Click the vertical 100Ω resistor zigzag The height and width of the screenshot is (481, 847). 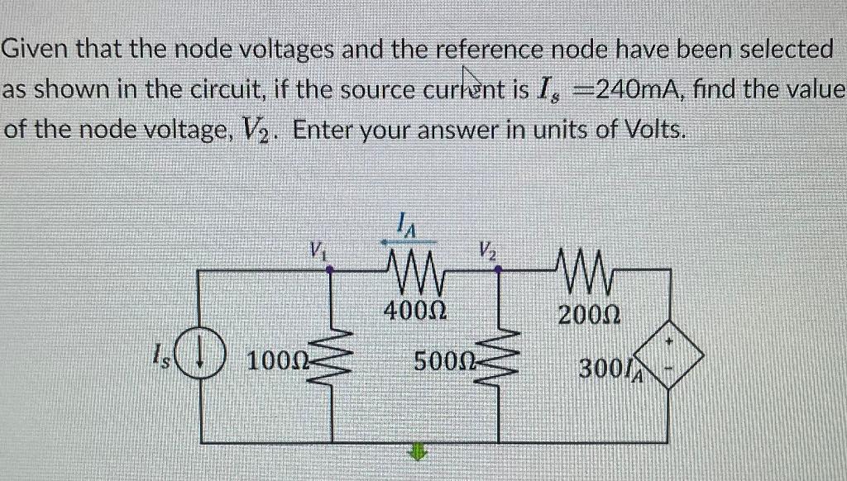[x=333, y=361]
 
